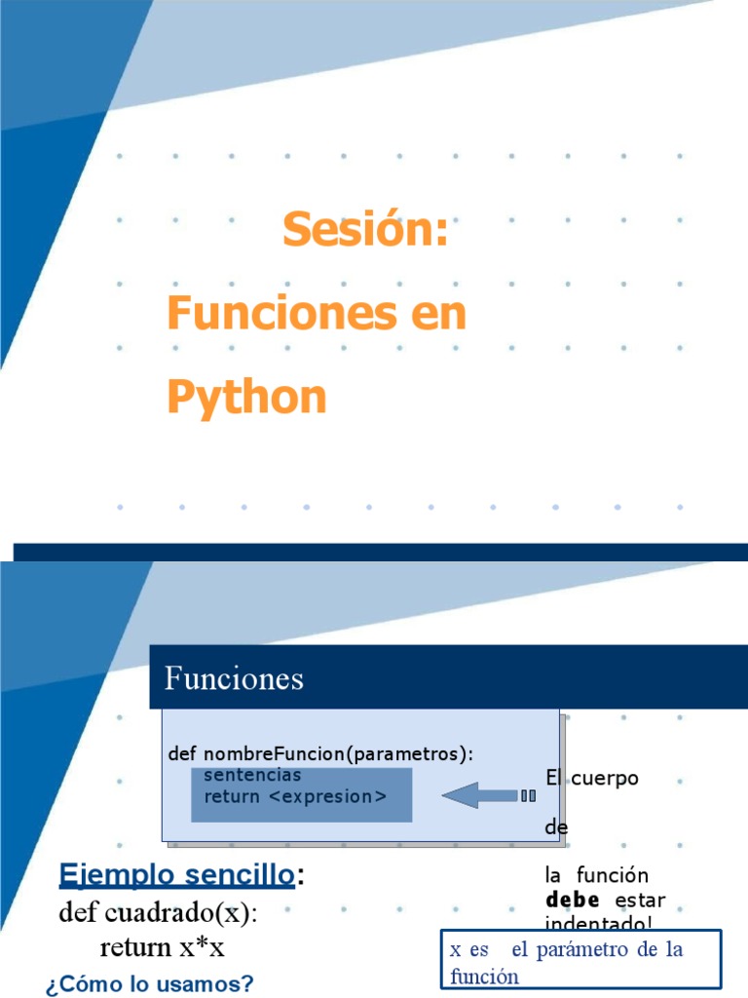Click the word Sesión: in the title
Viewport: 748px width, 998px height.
tap(365, 230)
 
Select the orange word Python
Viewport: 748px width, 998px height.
tap(246, 398)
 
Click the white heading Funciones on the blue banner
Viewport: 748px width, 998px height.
tap(234, 678)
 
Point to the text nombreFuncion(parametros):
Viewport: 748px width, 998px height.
tap(339, 754)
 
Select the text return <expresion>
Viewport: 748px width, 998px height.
tap(295, 796)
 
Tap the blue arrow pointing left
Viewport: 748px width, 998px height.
tap(487, 796)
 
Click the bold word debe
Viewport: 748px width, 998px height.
tap(572, 900)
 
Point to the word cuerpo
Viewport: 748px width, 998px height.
tap(605, 779)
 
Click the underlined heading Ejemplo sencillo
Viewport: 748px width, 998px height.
tap(176, 875)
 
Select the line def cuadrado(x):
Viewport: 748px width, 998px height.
tap(158, 913)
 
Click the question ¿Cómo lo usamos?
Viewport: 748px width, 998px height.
tap(149, 984)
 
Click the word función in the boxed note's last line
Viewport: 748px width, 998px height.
tap(484, 977)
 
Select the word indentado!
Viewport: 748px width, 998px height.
tap(598, 923)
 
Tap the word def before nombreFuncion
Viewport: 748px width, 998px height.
tap(183, 754)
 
